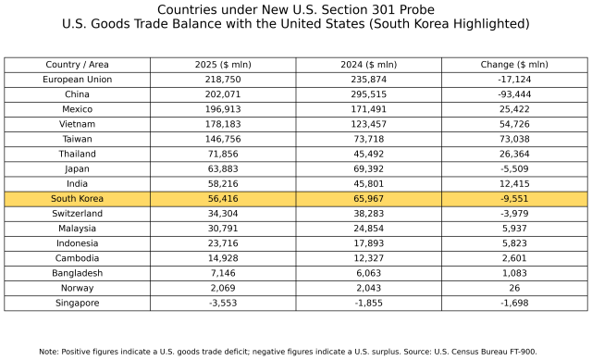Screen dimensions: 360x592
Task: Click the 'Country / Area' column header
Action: [x=77, y=65]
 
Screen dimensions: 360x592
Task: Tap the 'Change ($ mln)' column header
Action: [x=514, y=65]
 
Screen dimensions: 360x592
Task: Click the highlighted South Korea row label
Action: [x=77, y=199]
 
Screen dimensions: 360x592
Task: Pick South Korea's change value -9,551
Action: [x=514, y=199]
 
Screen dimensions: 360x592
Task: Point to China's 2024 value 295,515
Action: [x=368, y=94]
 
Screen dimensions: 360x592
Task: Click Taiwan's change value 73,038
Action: [x=514, y=139]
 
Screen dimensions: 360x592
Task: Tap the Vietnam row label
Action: [x=77, y=124]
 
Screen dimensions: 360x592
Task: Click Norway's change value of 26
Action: [x=514, y=288]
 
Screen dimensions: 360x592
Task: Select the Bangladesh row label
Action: [x=77, y=273]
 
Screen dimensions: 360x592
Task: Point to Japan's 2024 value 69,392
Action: [x=368, y=169]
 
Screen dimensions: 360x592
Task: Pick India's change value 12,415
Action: [x=514, y=184]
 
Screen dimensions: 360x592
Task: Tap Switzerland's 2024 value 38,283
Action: [x=368, y=214]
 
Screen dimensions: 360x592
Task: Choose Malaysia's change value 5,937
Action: [x=514, y=229]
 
